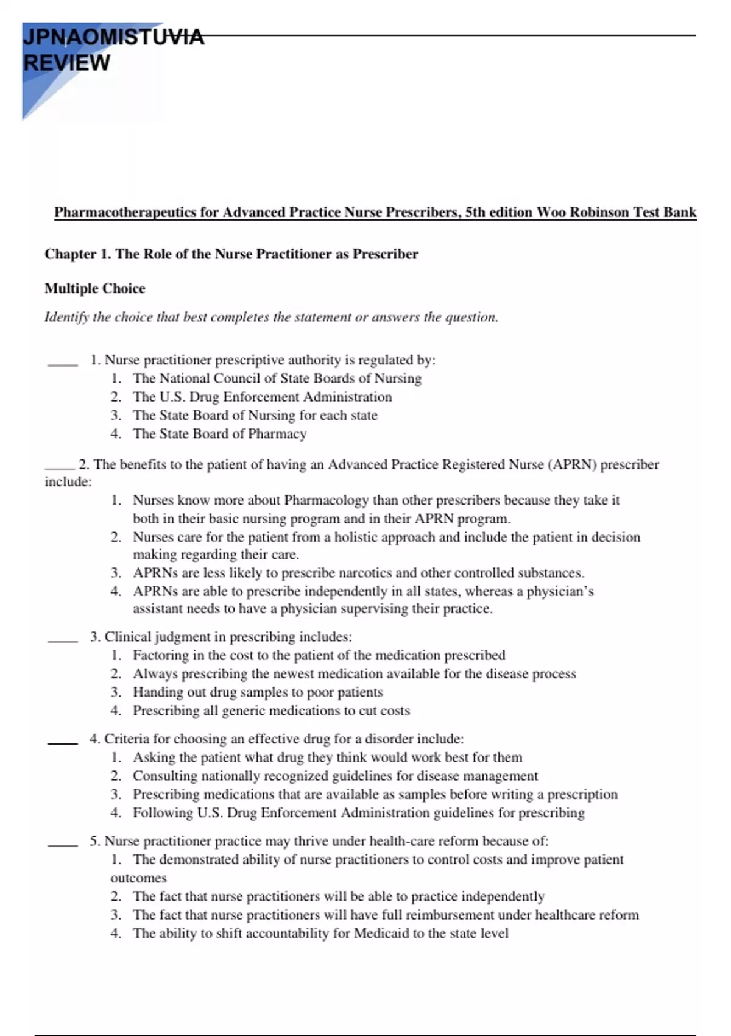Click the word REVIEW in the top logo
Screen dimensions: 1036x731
coord(66,63)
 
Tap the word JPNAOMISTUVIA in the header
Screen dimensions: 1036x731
coord(113,37)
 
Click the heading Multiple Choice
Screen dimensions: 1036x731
coord(94,288)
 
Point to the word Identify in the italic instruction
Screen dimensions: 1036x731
coord(66,317)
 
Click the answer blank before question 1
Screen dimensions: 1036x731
coord(62,364)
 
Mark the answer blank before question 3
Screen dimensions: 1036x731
coord(62,640)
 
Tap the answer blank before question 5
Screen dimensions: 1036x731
coord(62,845)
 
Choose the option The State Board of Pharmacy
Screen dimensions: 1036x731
coord(219,434)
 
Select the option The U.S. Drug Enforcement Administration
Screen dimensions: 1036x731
coord(262,397)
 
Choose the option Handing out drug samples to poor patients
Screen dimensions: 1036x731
coord(258,692)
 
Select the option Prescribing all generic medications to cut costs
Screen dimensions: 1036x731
coord(271,711)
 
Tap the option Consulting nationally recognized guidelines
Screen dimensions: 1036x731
coord(335,776)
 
